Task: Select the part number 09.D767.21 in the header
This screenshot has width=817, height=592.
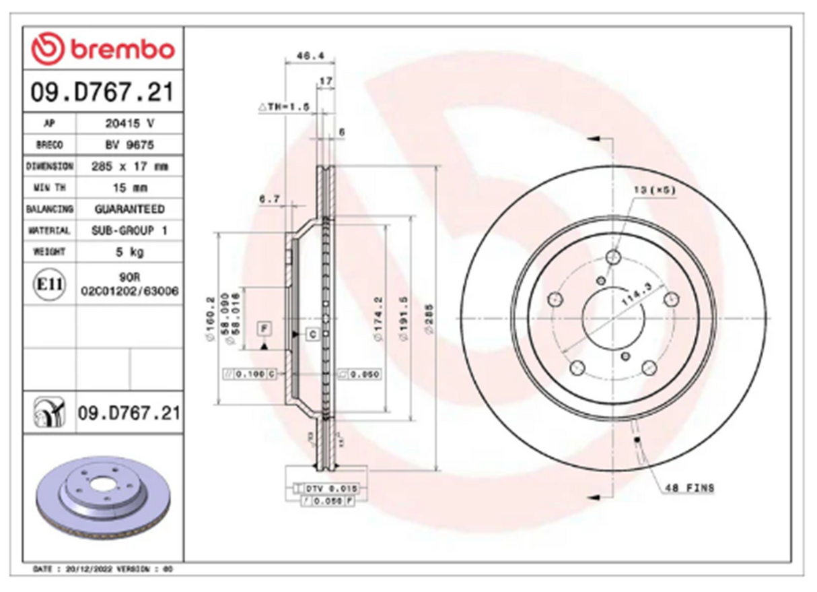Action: point(102,92)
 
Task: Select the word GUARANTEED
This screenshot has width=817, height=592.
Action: point(129,209)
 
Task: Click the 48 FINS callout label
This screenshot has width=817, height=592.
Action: point(689,488)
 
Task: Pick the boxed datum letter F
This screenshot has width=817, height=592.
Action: point(264,329)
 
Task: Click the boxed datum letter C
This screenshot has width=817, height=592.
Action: point(313,333)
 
